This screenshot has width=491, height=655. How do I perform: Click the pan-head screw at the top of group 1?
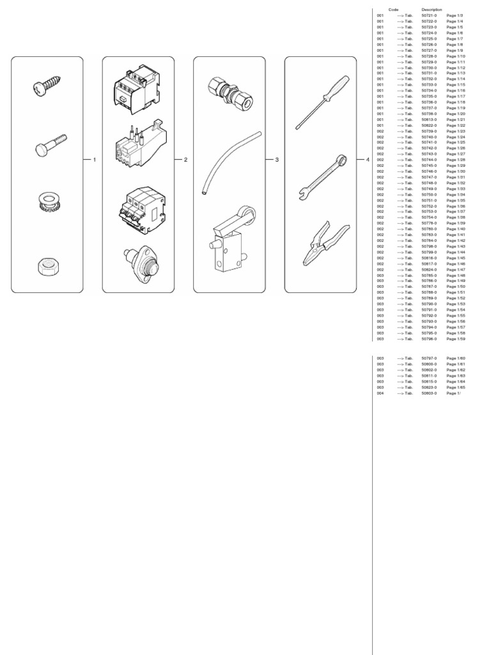pos(46,86)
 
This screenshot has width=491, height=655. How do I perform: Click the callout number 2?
pos(185,159)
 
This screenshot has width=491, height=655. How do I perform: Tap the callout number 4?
pos(368,159)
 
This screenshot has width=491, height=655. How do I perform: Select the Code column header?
pos(393,10)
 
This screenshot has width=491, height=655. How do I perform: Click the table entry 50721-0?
pos(429,15)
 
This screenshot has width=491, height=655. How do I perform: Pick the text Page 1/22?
pos(456,125)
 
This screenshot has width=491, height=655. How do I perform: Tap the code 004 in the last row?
pos(380,393)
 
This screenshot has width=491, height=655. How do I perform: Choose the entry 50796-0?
pos(429,339)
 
